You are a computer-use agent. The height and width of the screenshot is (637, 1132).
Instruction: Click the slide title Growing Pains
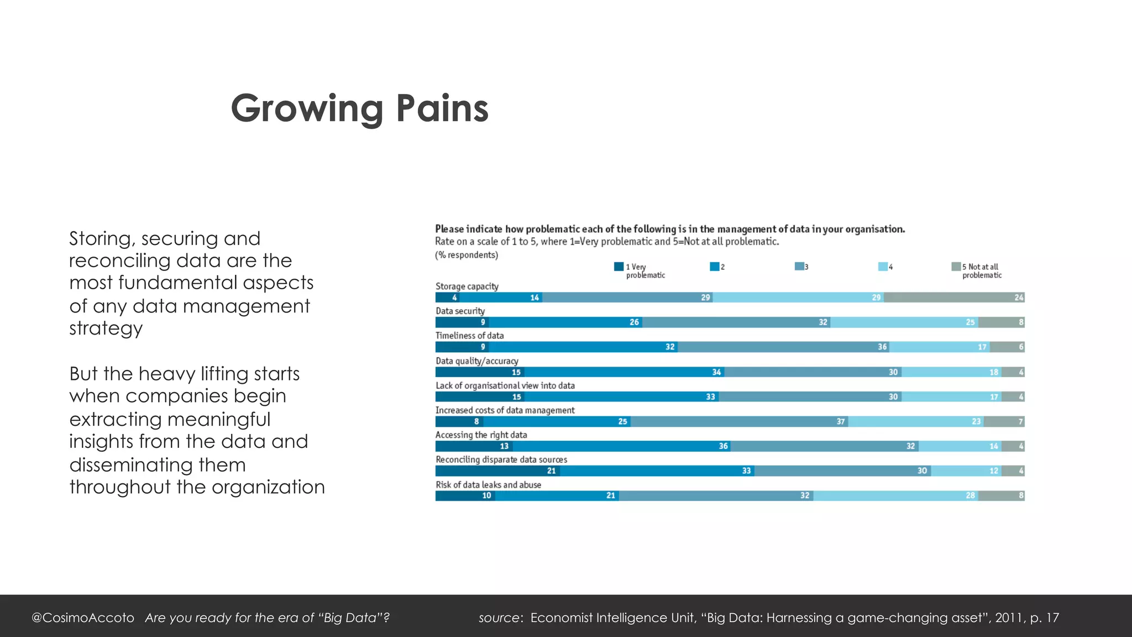point(359,108)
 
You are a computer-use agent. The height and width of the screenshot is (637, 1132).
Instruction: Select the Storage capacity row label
point(467,286)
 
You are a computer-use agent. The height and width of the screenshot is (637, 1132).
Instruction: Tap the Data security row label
point(460,311)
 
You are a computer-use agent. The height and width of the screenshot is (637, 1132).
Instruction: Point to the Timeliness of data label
point(469,336)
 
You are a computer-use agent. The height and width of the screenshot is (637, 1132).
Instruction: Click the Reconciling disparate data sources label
point(501,460)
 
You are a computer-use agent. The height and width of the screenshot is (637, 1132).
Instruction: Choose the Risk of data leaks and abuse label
point(488,485)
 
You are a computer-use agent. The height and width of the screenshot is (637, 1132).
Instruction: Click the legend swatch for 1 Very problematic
point(619,267)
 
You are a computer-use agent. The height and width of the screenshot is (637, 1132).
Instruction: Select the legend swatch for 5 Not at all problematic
point(956,267)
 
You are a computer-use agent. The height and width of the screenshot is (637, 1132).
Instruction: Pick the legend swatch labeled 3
point(799,267)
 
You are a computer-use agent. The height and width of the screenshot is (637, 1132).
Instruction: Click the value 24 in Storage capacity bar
point(1019,297)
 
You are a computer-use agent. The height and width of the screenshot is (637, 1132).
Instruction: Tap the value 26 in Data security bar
point(634,322)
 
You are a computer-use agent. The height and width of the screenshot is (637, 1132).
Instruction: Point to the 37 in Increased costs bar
point(840,422)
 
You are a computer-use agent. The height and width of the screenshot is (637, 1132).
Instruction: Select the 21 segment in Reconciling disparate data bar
point(551,471)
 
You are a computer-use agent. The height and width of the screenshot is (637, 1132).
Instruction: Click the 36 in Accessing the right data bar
point(723,446)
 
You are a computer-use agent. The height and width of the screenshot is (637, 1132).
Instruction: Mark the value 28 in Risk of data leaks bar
point(970,495)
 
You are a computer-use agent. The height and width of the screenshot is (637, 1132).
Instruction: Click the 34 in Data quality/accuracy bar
point(716,372)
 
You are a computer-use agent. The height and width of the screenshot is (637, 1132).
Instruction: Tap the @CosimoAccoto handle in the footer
point(83,618)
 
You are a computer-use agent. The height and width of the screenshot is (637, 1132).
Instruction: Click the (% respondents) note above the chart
point(467,255)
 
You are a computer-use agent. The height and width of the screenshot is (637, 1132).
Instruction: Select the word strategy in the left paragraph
point(106,328)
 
